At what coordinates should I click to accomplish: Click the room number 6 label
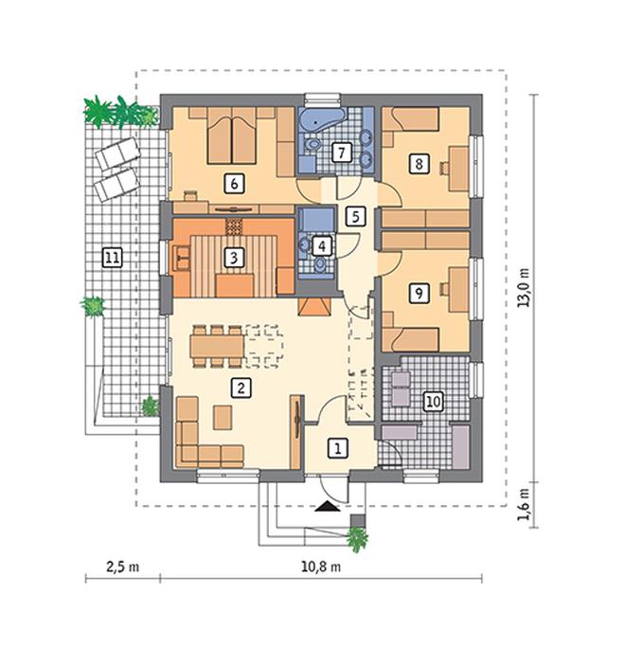234,184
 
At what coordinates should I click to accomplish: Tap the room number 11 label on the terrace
112,259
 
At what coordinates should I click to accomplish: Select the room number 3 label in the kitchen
234,258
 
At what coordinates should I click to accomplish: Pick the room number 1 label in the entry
338,448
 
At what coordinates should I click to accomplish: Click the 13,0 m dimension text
525,288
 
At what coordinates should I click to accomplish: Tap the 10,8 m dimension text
321,567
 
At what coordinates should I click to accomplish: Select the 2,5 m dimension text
123,567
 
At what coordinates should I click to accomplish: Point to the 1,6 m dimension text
525,505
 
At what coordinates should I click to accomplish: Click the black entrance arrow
328,506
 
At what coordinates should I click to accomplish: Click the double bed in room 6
232,135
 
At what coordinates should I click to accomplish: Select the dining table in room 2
217,347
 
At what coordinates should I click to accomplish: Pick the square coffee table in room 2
223,417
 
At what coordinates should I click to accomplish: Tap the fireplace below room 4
314,307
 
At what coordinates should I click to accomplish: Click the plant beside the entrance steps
357,539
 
